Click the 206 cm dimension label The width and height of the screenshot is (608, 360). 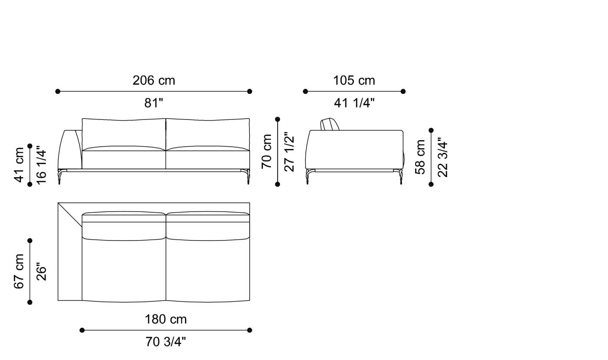[154, 81]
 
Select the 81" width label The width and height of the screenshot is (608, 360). [154, 103]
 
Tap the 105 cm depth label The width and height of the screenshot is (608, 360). [354, 81]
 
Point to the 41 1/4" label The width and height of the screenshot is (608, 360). [354, 103]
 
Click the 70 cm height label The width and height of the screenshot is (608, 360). [267, 151]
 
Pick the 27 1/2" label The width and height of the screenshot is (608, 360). [289, 151]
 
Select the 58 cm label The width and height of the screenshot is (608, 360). [420, 157]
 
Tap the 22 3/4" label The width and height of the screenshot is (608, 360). [443, 157]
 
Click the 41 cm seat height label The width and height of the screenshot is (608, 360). [19, 165]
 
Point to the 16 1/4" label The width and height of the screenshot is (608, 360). [41, 165]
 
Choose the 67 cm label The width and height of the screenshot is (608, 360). [19, 271]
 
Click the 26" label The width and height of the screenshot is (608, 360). [41, 271]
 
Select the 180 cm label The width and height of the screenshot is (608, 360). [165, 320]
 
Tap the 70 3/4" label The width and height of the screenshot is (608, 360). [165, 342]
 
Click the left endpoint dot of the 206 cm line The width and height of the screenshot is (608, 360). [58, 92]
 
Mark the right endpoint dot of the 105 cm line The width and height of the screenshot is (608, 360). [403, 92]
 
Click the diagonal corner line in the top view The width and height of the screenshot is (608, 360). [70, 215]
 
